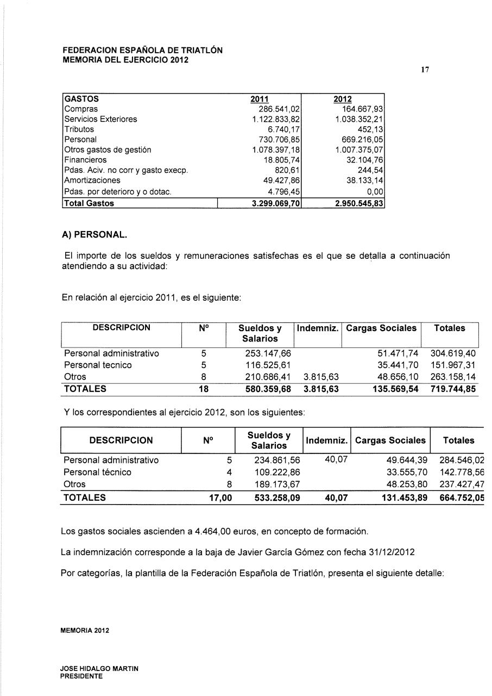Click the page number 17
coord(426,70)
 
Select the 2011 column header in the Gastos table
coord(259,100)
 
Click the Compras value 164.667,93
coord(361,109)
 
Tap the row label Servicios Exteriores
coord(100,119)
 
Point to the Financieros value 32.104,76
coord(363,160)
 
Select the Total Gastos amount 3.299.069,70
coord(274,203)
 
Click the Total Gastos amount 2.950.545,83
coord(358,203)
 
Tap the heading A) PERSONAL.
coord(94,235)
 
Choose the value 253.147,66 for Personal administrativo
coord(268,353)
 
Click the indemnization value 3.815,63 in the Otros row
coord(321,376)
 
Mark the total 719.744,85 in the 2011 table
coord(453,389)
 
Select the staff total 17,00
coord(220,498)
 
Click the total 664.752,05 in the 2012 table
coord(461,498)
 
